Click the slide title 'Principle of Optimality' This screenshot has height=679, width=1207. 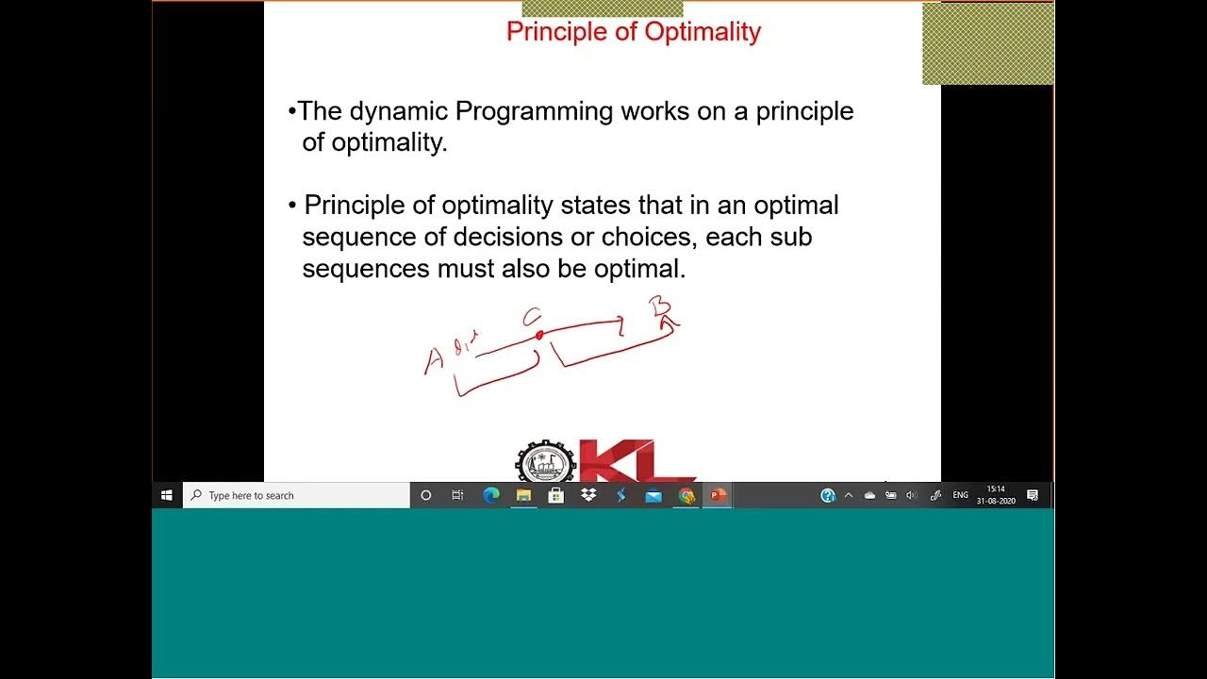pyautogui.click(x=633, y=32)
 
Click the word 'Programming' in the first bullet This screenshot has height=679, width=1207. pyautogui.click(x=534, y=111)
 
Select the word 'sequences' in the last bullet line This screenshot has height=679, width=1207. pyautogui.click(x=366, y=269)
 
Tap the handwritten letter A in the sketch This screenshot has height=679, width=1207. pyautogui.click(x=434, y=360)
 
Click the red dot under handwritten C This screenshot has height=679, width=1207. pyautogui.click(x=538, y=335)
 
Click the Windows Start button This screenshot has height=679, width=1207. pyautogui.click(x=167, y=495)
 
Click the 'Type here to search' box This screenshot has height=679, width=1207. pyautogui.click(x=296, y=495)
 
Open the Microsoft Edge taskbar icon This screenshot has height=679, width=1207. pyautogui.click(x=491, y=495)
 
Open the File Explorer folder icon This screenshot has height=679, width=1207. pyautogui.click(x=523, y=495)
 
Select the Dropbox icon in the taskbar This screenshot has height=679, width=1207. pyautogui.click(x=588, y=495)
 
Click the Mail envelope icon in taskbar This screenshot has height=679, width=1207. pyautogui.click(x=653, y=495)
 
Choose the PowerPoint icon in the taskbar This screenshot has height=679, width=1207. pyautogui.click(x=718, y=495)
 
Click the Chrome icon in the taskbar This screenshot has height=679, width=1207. pyautogui.click(x=686, y=495)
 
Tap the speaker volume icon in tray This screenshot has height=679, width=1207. pyautogui.click(x=911, y=495)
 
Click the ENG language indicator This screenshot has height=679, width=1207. pyautogui.click(x=960, y=495)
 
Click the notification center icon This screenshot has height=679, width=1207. pyautogui.click(x=1033, y=495)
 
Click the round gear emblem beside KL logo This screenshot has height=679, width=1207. pyautogui.click(x=544, y=463)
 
